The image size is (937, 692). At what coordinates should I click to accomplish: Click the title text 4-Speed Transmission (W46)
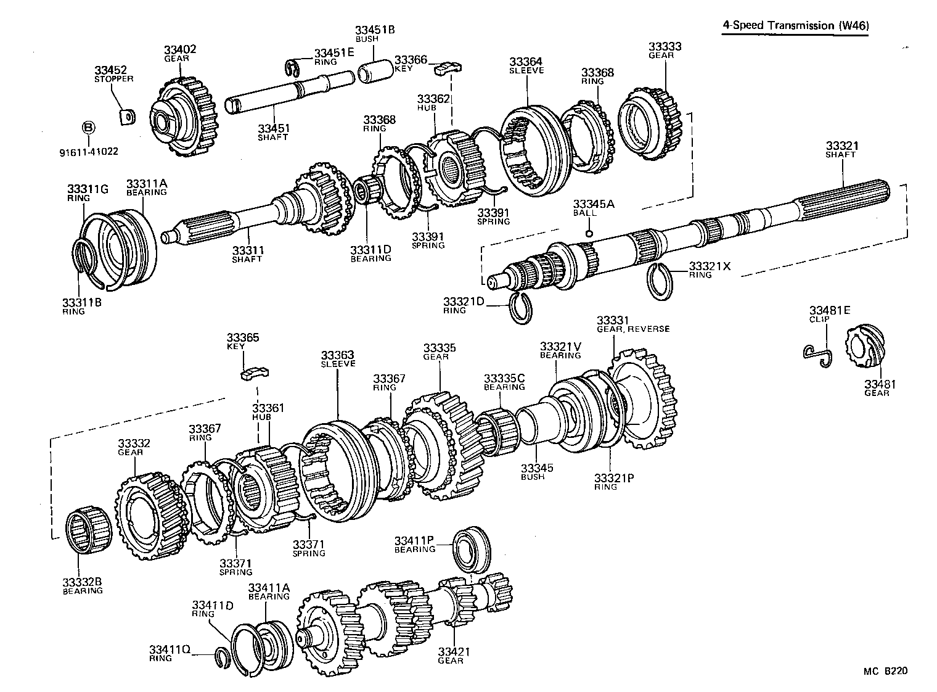point(795,25)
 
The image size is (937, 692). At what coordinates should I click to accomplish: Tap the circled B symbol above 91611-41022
point(88,128)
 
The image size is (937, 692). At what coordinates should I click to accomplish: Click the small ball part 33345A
point(589,233)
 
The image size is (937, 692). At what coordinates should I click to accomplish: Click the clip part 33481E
point(819,353)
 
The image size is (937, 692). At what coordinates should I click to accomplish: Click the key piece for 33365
point(254,373)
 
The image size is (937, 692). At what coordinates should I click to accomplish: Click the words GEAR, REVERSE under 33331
point(633,329)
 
